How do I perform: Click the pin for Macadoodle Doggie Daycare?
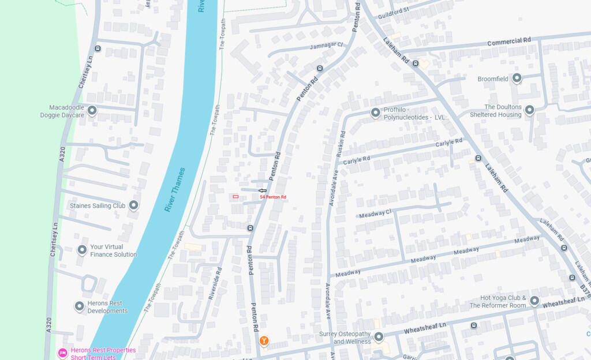(x=92, y=110)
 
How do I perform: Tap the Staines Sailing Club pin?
(x=134, y=205)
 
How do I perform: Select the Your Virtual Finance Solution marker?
(x=82, y=250)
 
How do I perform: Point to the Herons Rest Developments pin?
(x=80, y=306)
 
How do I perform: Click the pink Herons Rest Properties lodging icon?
(x=62, y=353)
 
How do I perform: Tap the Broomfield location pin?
(x=517, y=78)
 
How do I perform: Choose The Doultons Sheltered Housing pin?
(x=529, y=109)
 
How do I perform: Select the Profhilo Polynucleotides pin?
(x=376, y=112)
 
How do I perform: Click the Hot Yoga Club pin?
(x=534, y=301)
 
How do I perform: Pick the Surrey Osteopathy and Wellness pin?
(x=379, y=336)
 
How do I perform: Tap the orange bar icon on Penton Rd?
(x=264, y=341)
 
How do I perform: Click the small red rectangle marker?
(x=235, y=197)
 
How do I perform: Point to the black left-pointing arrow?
(x=262, y=190)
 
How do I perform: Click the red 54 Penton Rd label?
(x=273, y=197)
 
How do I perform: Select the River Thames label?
(x=175, y=190)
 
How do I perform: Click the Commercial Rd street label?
(x=508, y=42)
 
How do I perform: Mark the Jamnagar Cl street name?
(x=326, y=45)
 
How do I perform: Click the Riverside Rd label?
(x=214, y=283)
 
